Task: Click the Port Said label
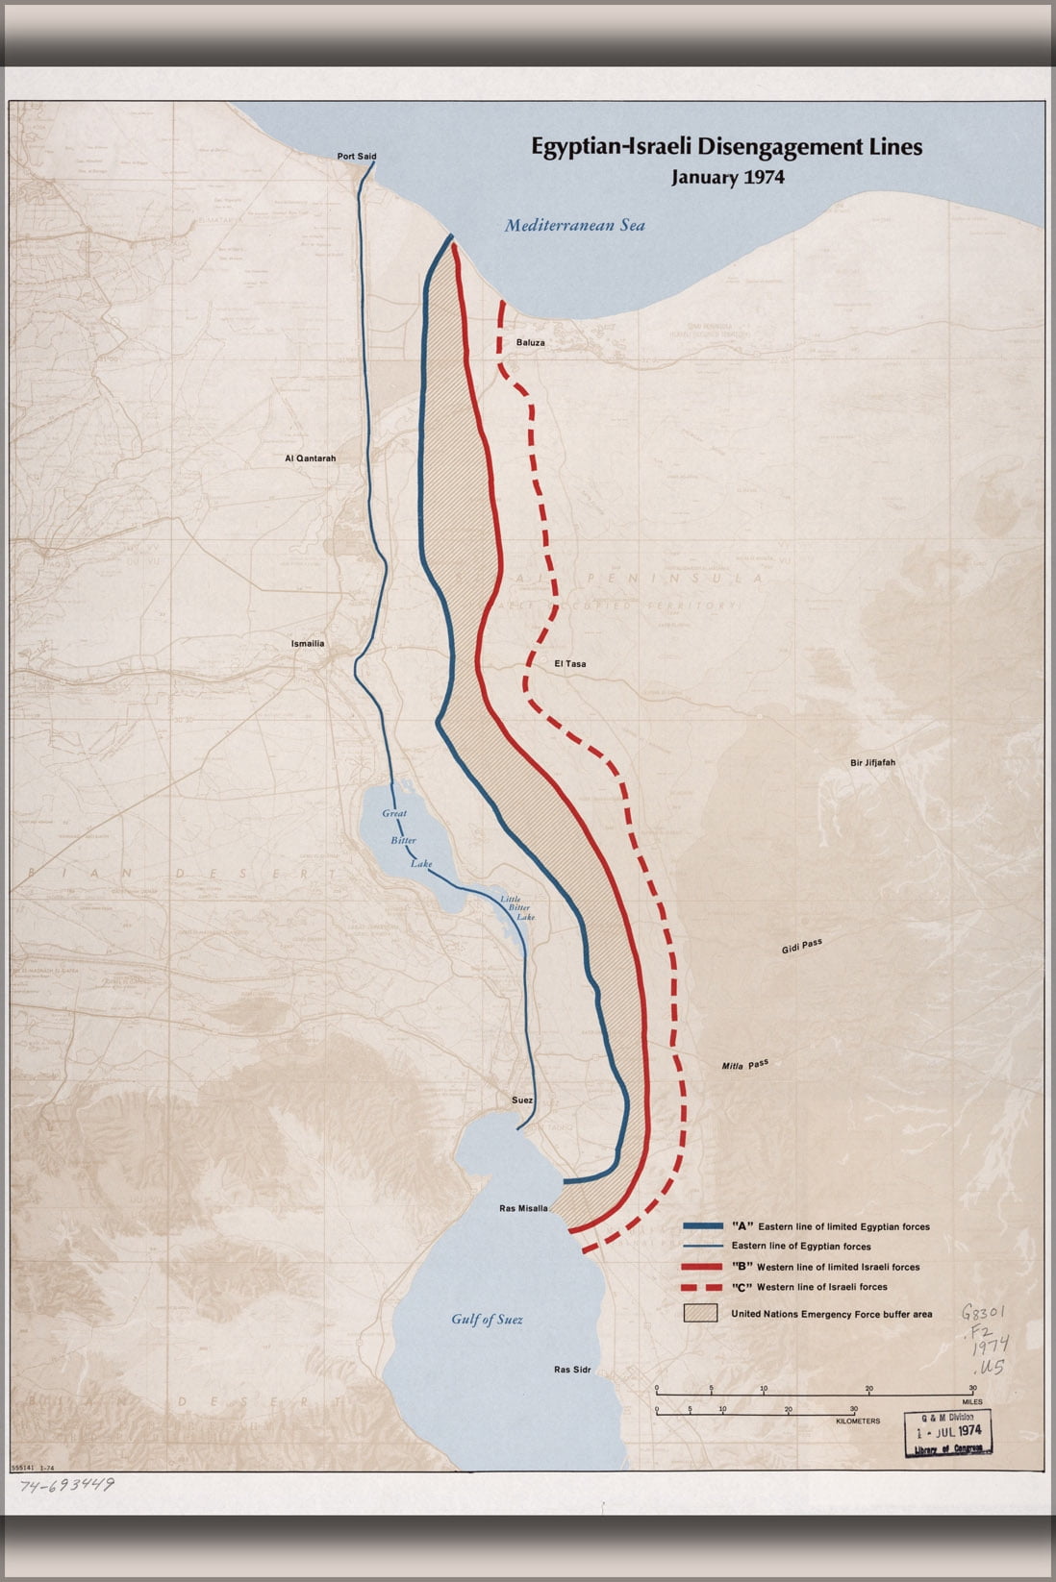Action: [356, 156]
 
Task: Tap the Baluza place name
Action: [530, 342]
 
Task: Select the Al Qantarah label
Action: [310, 458]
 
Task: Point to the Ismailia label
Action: [308, 643]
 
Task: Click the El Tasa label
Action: [569, 664]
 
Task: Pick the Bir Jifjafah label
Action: [871, 762]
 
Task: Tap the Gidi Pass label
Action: [801, 947]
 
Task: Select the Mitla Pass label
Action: [745, 1065]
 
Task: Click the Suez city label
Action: [521, 1100]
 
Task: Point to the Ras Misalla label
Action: [523, 1208]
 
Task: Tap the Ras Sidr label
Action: [572, 1369]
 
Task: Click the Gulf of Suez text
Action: [487, 1320]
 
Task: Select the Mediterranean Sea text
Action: [575, 226]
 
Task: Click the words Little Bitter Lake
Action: [517, 908]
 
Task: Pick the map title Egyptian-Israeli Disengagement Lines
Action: [727, 147]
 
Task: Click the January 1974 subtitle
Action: [727, 178]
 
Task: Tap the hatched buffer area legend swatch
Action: [700, 1313]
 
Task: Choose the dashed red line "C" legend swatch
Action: [702, 1287]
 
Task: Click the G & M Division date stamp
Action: [947, 1432]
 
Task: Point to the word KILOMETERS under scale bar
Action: [858, 1421]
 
